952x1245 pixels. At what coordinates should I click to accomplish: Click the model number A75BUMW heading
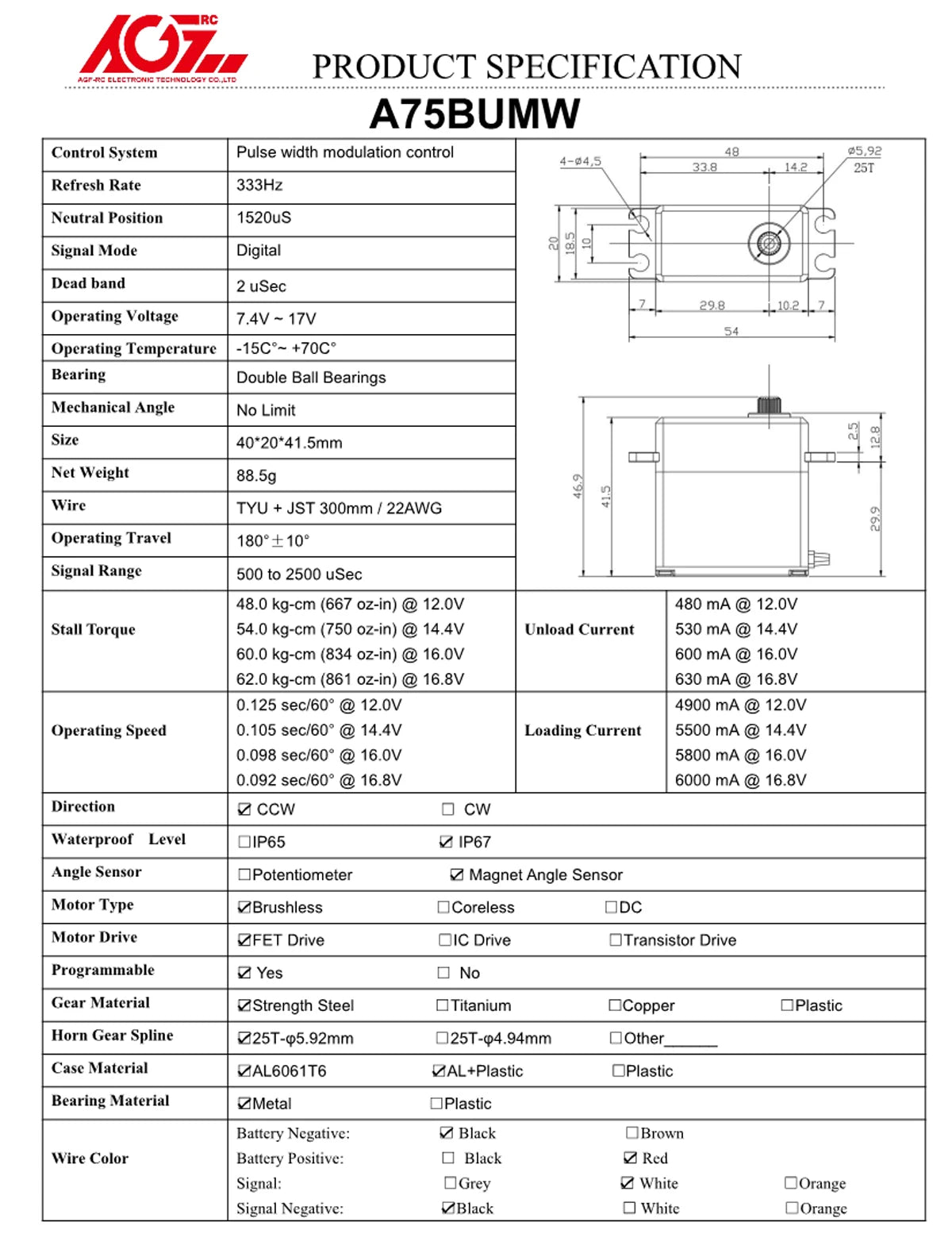click(x=474, y=114)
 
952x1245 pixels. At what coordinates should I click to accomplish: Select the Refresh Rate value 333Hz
click(x=259, y=185)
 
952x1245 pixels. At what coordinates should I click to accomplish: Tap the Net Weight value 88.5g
click(x=256, y=475)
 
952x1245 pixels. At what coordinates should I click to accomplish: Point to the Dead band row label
click(x=88, y=283)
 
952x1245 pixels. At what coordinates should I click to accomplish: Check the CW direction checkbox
click(x=448, y=809)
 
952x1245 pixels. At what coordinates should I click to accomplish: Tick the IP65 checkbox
click(x=244, y=842)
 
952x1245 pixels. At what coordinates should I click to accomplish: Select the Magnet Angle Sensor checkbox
click(x=457, y=874)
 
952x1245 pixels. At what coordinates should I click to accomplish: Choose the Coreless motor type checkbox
click(x=443, y=907)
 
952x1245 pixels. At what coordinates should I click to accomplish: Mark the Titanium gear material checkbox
click(x=443, y=1005)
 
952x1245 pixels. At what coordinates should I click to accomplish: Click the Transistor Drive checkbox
click(x=615, y=940)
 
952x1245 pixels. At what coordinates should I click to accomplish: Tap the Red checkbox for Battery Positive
click(x=631, y=1159)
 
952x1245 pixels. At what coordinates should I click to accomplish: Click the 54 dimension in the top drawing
click(x=731, y=332)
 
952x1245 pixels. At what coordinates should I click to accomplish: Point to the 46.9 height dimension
click(x=578, y=486)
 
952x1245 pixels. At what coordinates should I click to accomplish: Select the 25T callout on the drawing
click(x=864, y=167)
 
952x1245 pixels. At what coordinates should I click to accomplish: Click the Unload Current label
click(x=579, y=629)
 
